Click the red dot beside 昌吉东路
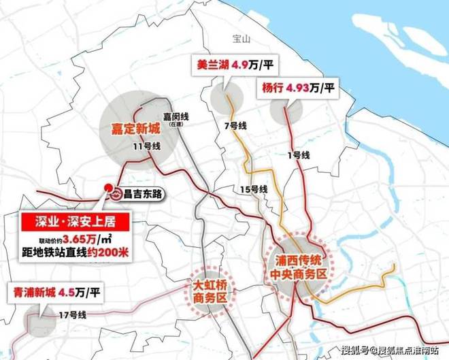pos(107,189)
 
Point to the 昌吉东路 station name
pos(144,194)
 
